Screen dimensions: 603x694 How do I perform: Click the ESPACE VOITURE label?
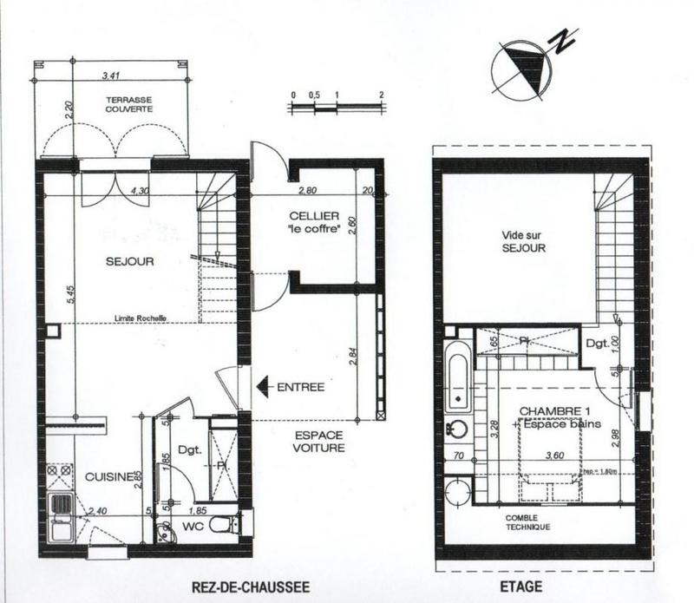click(319, 442)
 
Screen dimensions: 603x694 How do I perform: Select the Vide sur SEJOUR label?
click(523, 240)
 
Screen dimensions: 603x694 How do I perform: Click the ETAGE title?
click(522, 587)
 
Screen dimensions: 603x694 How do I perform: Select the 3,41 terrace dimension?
click(111, 75)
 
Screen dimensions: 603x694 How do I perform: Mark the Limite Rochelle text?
click(141, 318)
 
